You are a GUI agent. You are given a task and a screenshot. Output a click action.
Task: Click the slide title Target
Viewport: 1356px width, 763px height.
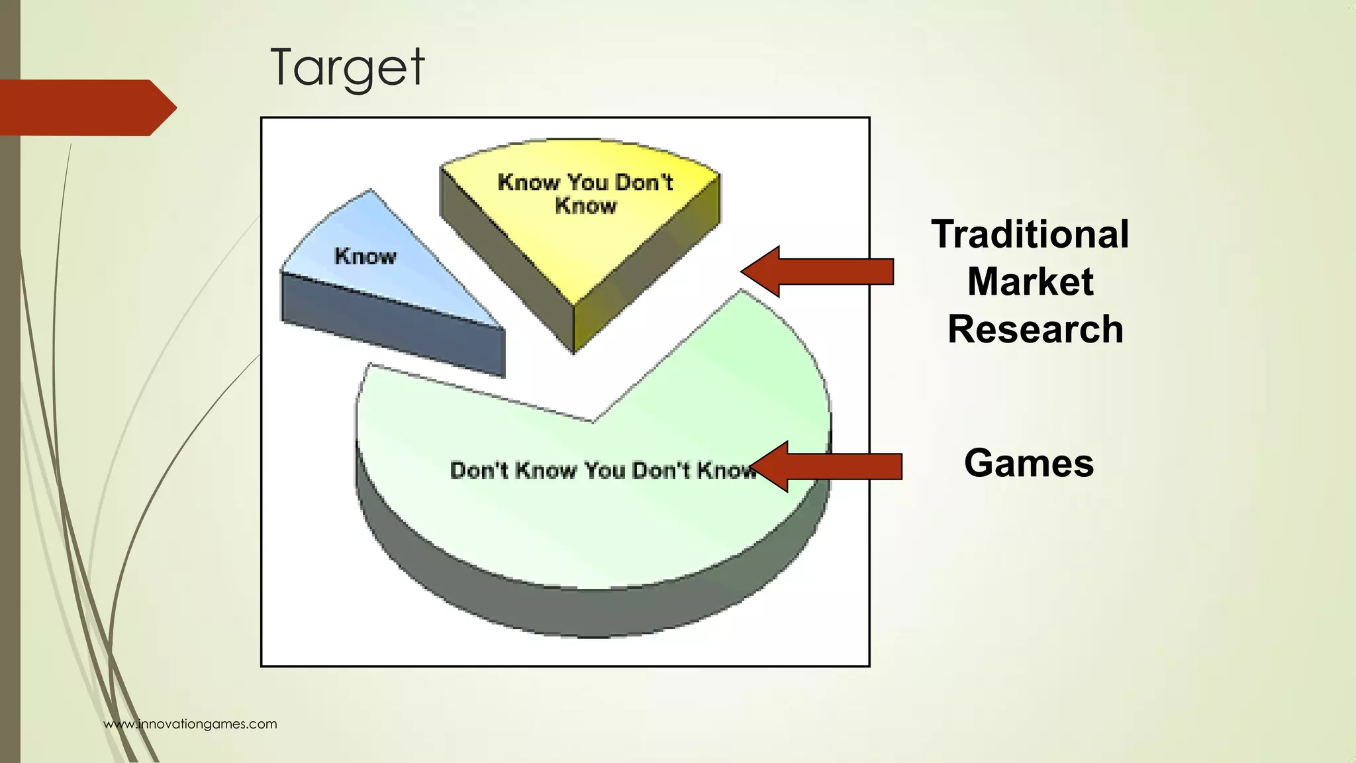tap(347, 68)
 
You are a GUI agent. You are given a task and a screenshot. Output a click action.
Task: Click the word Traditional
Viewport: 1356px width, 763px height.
tap(1030, 234)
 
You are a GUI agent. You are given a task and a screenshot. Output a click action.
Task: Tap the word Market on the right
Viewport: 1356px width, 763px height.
tap(1030, 282)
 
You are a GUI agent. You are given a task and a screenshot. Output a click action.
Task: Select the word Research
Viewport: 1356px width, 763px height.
tap(1035, 329)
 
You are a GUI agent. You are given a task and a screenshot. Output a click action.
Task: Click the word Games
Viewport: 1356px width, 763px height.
tap(1028, 463)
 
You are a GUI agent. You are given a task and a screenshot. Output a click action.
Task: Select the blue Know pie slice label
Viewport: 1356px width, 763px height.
tap(365, 256)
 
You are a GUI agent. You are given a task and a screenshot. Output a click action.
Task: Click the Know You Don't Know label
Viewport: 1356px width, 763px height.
tap(585, 193)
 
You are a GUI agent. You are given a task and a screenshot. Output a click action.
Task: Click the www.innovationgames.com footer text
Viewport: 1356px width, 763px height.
tap(190, 724)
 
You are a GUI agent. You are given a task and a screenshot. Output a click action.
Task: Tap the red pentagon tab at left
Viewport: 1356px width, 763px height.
tap(86, 107)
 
